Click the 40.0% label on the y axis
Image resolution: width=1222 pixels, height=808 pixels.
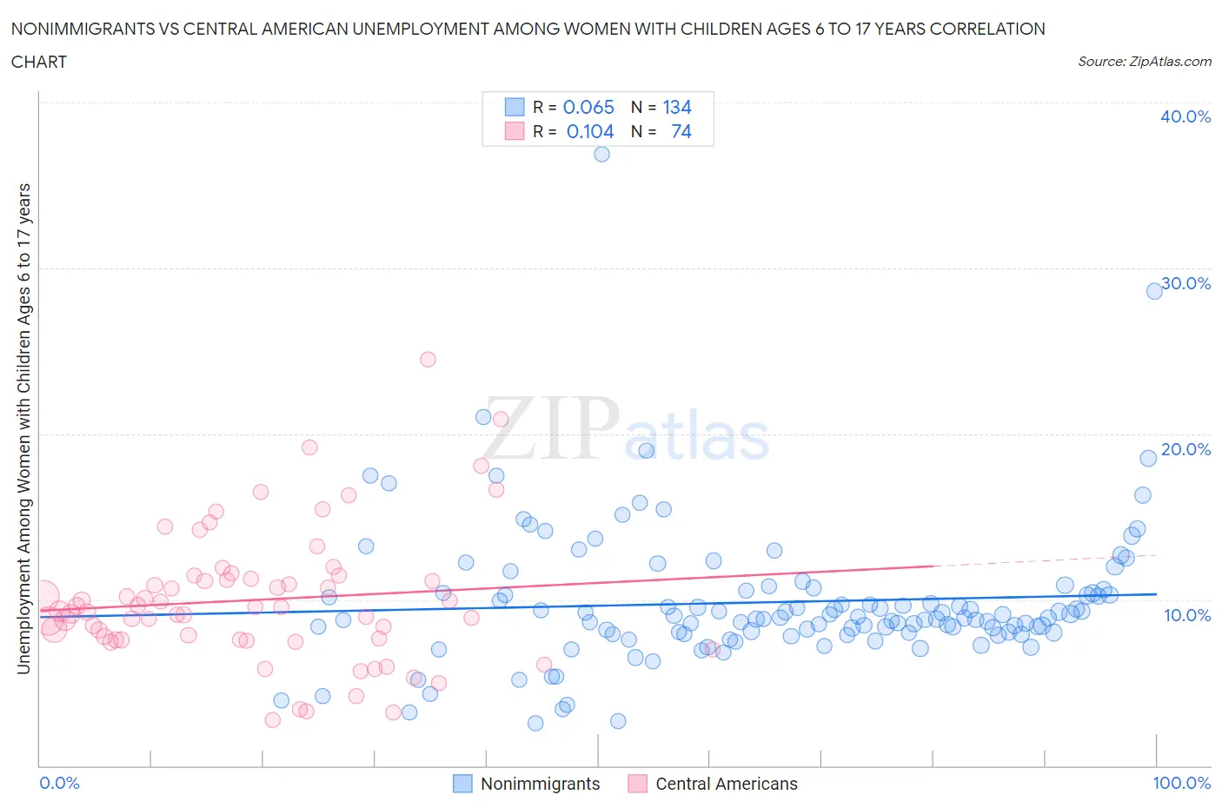(x=1185, y=116)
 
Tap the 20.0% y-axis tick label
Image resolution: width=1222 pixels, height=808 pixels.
(x=1185, y=449)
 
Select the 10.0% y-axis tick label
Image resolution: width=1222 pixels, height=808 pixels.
(x=1186, y=615)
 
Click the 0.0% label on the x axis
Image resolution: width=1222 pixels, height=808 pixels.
(x=60, y=783)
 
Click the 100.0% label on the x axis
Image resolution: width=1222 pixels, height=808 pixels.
(x=1181, y=783)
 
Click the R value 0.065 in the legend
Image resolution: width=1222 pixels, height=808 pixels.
(x=588, y=107)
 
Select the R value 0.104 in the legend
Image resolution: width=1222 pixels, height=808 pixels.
(x=589, y=131)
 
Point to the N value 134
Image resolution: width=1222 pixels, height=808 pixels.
(x=677, y=107)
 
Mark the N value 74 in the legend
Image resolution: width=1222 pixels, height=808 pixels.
(x=681, y=131)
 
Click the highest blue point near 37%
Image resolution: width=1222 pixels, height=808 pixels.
(x=601, y=154)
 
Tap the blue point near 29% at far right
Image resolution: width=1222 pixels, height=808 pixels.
(x=1154, y=291)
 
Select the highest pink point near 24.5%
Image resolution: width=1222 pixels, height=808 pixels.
(x=428, y=359)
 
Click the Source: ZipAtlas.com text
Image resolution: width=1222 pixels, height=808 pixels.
(x=1144, y=61)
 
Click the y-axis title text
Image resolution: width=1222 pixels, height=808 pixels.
(x=23, y=428)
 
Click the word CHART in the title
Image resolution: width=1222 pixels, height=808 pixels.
(x=39, y=62)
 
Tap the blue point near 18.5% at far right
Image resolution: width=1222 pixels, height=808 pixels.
(x=1148, y=458)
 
